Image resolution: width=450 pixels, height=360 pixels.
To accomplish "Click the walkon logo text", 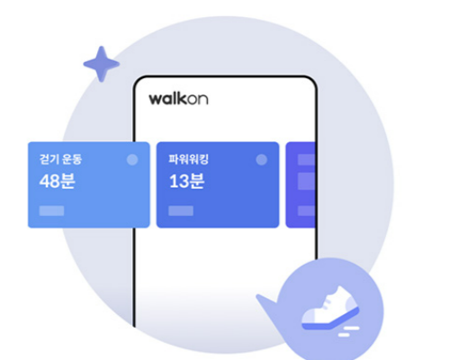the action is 178,99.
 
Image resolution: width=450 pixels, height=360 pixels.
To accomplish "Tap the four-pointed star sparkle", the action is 102,64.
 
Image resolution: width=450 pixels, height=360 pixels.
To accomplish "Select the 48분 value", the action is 57,181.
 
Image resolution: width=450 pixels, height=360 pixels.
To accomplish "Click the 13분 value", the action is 187,181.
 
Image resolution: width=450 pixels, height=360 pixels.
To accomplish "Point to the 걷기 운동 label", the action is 60,159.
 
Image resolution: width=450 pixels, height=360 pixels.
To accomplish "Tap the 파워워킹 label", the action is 188,159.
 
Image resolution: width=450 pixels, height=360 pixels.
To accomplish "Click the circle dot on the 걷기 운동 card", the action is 132,159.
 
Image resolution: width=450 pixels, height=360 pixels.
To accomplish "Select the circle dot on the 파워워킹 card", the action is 262,159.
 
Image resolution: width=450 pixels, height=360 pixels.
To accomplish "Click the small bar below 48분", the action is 51,211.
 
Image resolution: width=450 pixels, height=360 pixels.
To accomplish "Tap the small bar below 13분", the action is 181,211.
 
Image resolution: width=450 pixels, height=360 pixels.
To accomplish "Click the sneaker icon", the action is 330,308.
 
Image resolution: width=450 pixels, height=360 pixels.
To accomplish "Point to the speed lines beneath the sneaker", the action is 348,332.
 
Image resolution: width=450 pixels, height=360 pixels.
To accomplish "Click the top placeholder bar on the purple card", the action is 306,160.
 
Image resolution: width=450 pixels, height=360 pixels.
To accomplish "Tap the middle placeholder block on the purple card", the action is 306,181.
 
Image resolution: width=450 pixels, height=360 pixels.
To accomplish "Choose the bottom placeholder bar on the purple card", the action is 306,211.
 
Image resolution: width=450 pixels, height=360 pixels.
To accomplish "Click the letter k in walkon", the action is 185,99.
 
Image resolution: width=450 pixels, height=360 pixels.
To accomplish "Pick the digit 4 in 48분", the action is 44,181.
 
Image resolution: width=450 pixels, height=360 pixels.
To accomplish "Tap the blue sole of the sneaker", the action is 330,321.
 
